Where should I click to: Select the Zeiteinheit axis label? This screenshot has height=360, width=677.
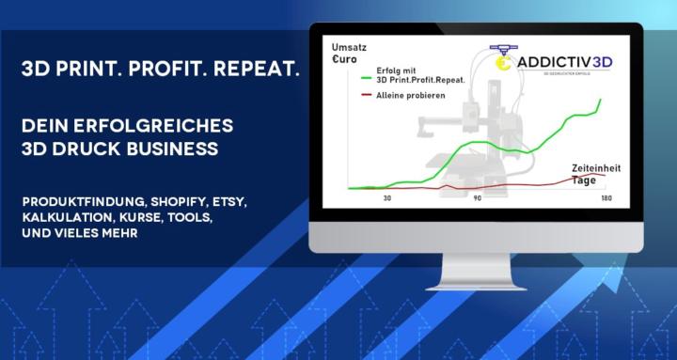[596, 167]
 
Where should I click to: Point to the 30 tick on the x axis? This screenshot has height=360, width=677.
[386, 198]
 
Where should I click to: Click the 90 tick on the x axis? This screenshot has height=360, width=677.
[477, 198]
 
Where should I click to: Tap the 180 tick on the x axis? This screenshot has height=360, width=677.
[606, 198]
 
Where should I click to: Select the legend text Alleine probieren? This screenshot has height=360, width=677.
[411, 96]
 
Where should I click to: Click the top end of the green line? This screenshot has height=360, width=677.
[600, 99]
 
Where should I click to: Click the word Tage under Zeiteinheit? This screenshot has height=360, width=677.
[585, 180]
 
